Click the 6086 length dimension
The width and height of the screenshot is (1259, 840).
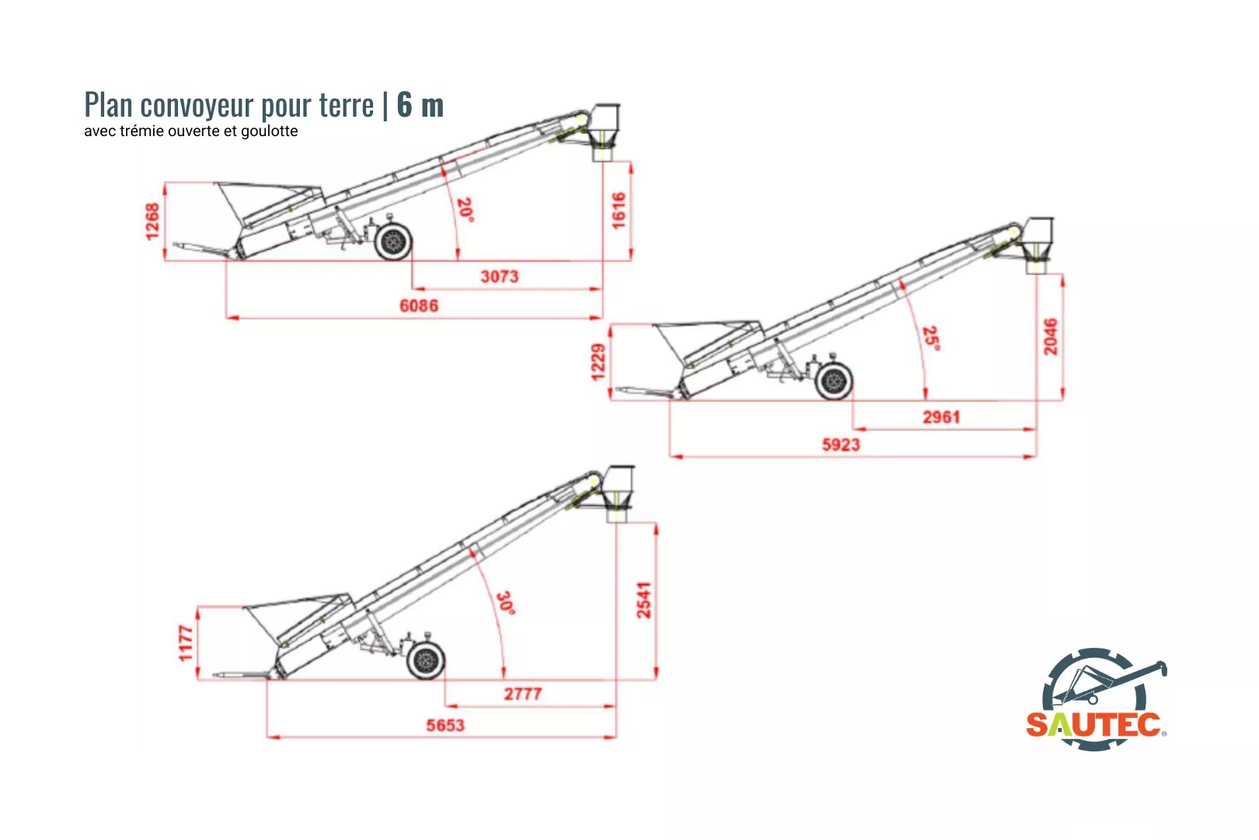(x=419, y=306)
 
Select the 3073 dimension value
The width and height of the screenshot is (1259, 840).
(x=499, y=276)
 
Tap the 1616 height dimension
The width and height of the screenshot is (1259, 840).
(x=619, y=210)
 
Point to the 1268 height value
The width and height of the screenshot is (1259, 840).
(x=152, y=221)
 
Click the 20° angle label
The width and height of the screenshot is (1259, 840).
(x=465, y=209)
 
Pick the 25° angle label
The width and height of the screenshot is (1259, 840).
(x=930, y=338)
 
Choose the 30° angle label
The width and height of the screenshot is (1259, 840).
(x=506, y=603)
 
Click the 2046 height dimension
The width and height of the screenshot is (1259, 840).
(x=1051, y=336)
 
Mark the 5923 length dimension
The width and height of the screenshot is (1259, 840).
(x=841, y=445)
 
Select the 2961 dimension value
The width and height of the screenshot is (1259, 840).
(x=941, y=417)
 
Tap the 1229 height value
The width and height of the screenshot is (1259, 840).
(x=598, y=362)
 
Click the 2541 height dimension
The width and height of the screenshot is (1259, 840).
(x=644, y=600)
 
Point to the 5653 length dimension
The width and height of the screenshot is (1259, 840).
(x=445, y=726)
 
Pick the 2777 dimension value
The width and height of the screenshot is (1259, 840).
(x=522, y=694)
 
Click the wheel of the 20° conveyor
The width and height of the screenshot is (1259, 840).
(x=393, y=242)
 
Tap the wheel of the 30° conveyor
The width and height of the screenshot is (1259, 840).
(x=426, y=661)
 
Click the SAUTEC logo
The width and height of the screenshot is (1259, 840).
(x=1096, y=700)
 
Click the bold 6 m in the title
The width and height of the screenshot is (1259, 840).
(x=420, y=105)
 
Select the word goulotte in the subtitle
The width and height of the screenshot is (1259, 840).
(x=269, y=131)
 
